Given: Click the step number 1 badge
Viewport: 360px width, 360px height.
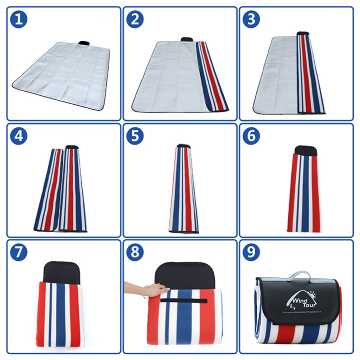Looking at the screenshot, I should point(19,19).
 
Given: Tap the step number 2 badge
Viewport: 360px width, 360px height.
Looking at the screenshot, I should point(135,19).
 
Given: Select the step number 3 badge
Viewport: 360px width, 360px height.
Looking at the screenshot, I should point(251,19).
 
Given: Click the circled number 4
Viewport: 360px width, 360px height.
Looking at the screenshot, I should point(19,136).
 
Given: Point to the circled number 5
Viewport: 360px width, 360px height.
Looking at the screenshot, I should point(135,136).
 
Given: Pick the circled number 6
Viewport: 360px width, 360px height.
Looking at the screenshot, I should point(251,136).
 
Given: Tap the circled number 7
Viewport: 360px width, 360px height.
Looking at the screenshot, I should point(19,253).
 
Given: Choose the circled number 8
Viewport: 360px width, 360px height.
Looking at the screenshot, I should point(135,253).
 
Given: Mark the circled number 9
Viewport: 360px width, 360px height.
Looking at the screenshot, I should point(251,253).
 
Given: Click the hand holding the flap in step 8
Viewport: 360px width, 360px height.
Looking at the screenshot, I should point(158,289).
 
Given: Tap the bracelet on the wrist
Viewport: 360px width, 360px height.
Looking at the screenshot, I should point(147,292).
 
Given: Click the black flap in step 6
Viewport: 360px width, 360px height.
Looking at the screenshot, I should point(305,150).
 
